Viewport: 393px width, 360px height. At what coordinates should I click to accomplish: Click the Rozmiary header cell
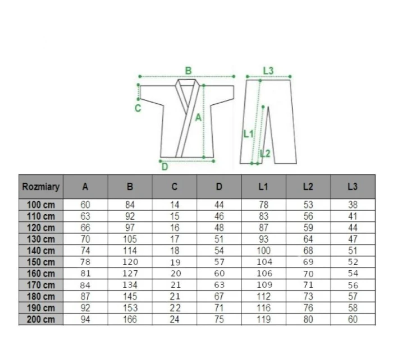click(41, 187)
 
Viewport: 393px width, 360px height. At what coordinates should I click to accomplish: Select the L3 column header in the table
click(353, 187)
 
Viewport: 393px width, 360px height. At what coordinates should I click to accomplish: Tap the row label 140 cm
click(41, 251)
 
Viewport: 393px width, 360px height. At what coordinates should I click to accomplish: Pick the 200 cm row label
click(41, 320)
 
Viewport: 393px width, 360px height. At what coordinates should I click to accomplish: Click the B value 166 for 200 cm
click(130, 320)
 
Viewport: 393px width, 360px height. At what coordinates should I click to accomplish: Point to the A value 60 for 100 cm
click(85, 205)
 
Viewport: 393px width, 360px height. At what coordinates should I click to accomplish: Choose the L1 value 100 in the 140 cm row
click(263, 251)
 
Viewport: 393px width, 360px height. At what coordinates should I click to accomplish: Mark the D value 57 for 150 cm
click(219, 262)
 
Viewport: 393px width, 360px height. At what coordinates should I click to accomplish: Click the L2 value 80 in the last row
click(308, 320)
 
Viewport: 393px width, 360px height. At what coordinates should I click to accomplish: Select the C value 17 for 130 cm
click(175, 239)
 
